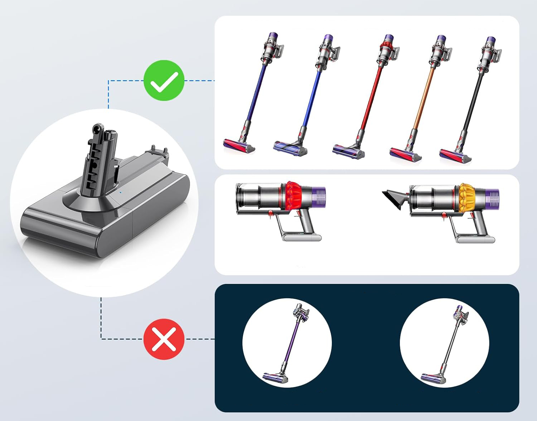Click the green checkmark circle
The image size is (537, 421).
click(164, 81)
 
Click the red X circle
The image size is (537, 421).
click(164, 339)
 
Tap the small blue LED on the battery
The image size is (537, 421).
click(120, 192)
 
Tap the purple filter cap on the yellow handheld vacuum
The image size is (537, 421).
click(494, 197)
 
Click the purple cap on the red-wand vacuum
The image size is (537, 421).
click(388, 38)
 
